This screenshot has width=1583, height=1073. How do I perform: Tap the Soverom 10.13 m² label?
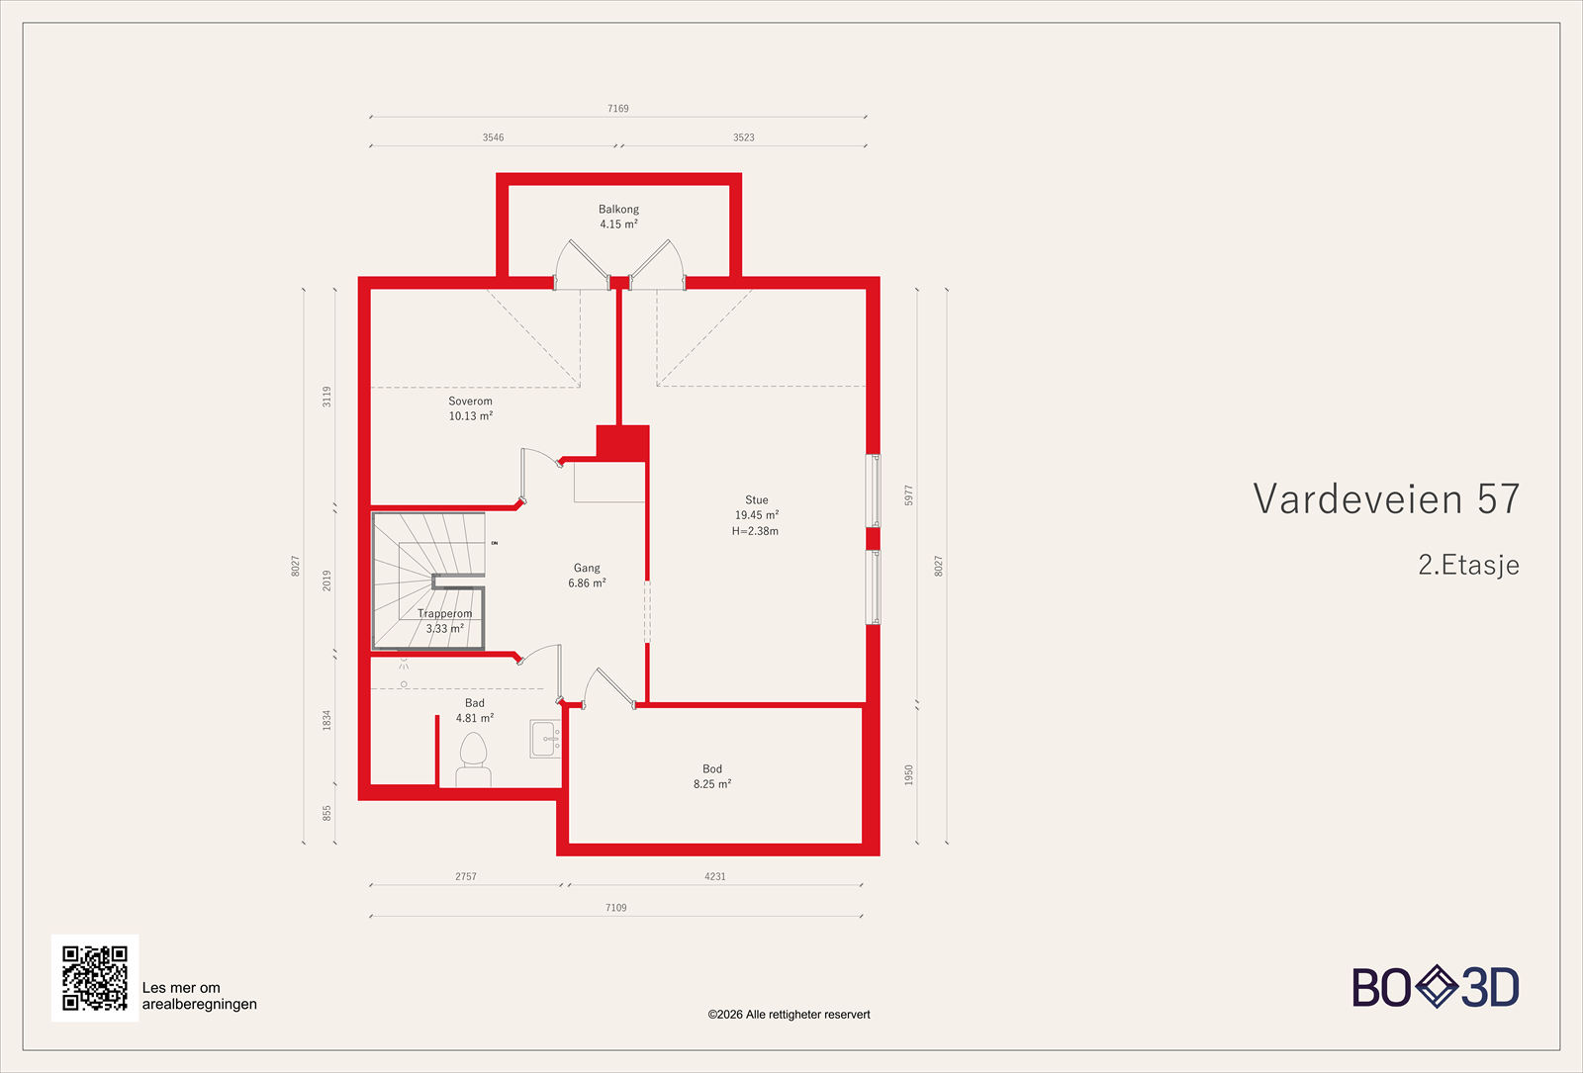(x=470, y=408)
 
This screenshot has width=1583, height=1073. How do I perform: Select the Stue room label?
(x=756, y=500)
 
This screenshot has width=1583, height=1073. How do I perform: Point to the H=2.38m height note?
(x=755, y=531)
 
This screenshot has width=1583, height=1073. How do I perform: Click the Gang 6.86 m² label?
(x=587, y=576)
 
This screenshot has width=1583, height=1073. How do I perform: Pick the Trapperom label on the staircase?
(x=444, y=614)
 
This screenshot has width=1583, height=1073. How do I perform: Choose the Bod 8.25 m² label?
(x=712, y=776)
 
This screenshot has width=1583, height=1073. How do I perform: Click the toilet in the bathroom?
(x=474, y=760)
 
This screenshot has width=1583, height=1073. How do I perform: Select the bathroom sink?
(x=543, y=738)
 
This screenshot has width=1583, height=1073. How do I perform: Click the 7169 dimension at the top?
(x=618, y=109)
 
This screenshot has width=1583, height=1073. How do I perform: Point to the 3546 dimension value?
(x=493, y=137)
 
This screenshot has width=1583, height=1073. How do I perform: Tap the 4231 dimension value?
(x=714, y=876)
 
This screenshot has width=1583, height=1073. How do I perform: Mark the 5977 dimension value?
(x=908, y=495)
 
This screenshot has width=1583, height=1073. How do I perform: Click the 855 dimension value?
(x=327, y=813)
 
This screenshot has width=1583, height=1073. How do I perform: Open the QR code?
(x=95, y=978)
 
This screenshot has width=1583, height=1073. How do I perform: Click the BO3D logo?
(x=1436, y=987)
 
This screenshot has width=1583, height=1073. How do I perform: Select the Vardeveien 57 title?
(x=1385, y=499)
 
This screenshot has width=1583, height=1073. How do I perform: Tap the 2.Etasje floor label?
(x=1468, y=565)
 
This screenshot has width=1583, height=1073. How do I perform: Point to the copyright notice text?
(x=789, y=1015)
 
